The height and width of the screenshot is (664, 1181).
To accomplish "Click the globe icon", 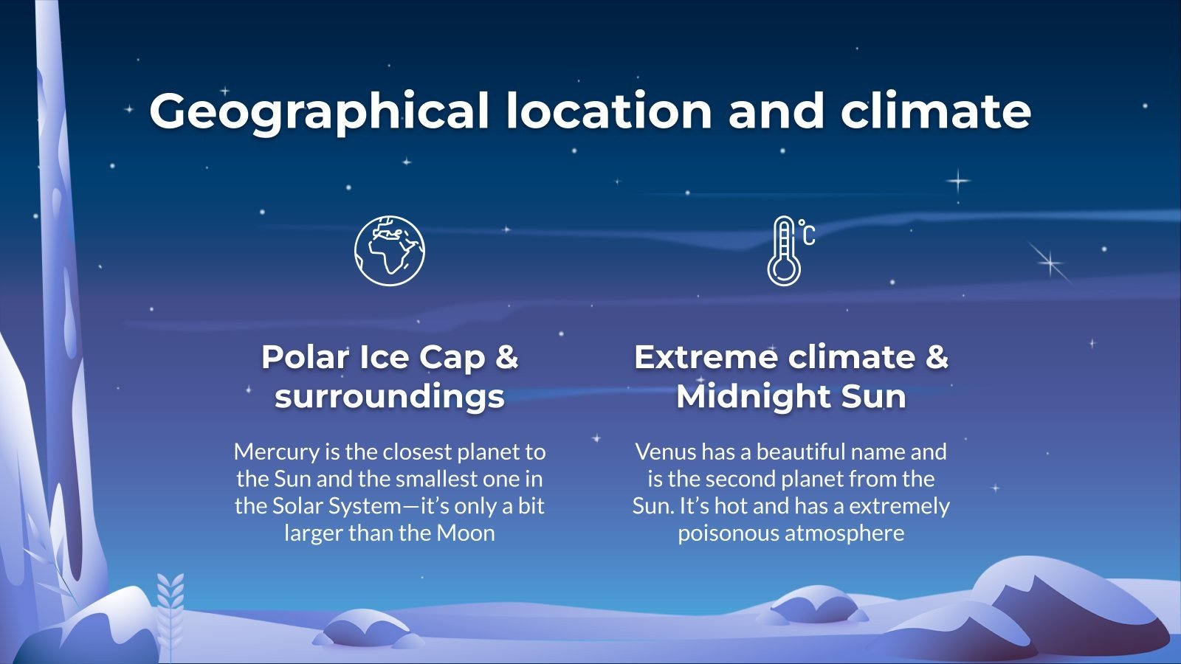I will [389, 251].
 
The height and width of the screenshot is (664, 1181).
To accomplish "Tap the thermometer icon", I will [784, 252].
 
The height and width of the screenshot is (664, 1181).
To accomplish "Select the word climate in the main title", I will [935, 111].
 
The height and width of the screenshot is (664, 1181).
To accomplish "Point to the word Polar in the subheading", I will [305, 357].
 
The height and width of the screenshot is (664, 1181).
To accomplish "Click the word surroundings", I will [390, 396].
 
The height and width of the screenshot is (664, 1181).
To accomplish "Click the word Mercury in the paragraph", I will [276, 452].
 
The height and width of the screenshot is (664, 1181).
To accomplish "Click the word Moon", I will [466, 533].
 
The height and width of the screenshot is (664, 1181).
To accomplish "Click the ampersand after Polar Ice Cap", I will [506, 357].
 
